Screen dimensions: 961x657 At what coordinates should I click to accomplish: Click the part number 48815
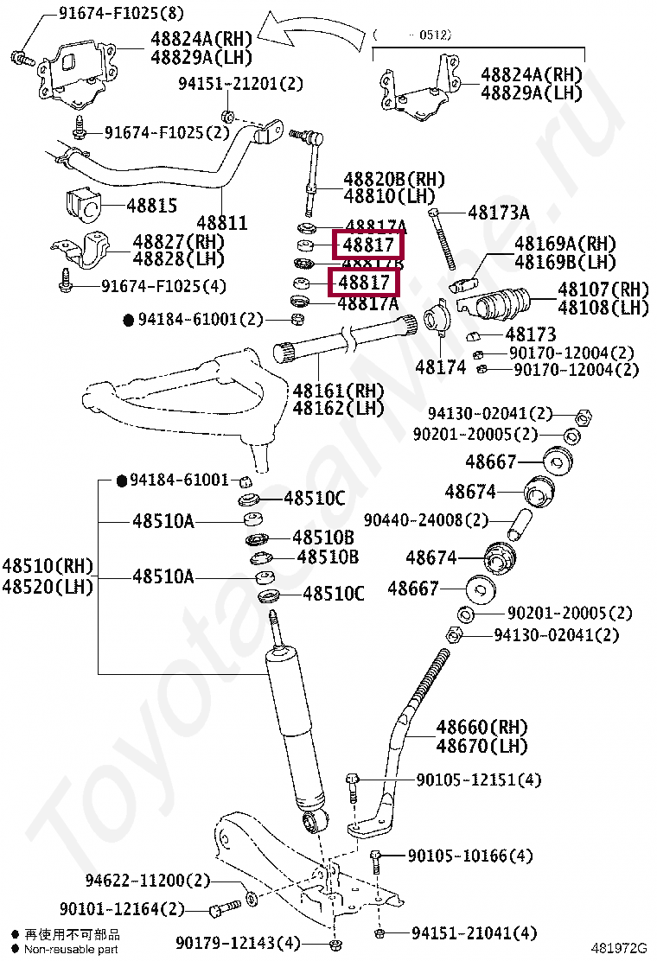click(151, 206)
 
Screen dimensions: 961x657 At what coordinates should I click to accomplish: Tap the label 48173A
click(499, 213)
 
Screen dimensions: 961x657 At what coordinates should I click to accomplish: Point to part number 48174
click(440, 367)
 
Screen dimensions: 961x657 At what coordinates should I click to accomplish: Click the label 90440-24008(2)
click(425, 520)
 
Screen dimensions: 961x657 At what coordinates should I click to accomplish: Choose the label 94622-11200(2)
click(147, 881)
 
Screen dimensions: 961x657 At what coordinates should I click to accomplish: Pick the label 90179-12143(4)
click(238, 942)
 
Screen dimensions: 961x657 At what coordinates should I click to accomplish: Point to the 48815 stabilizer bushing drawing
click(84, 203)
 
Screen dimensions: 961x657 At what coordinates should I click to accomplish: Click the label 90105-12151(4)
click(479, 780)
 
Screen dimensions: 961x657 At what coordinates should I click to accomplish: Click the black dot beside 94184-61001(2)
click(129, 320)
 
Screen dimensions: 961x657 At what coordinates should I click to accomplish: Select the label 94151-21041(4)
click(474, 933)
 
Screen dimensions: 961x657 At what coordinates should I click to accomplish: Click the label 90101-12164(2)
click(122, 909)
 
